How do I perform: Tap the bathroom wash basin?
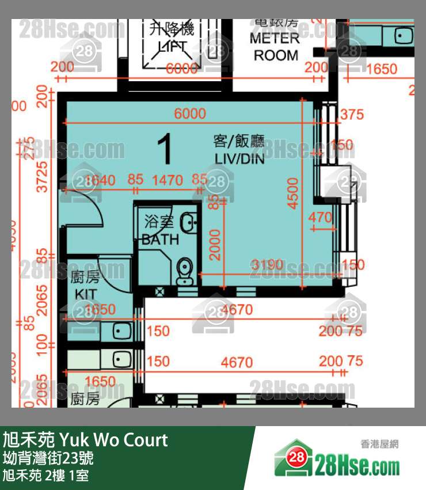[x=188, y=222]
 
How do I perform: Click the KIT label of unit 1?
[x=85, y=294]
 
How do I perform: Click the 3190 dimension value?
[x=267, y=265]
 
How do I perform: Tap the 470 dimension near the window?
[x=320, y=218]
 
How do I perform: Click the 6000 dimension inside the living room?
[x=189, y=114]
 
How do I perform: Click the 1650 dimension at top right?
[x=382, y=69]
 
